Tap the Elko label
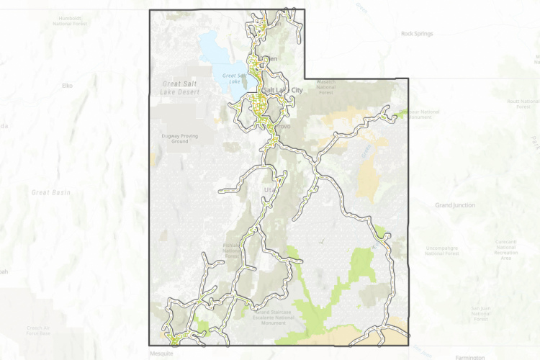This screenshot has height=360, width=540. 68,86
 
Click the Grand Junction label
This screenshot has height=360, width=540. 455,205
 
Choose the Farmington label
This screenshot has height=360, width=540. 470,356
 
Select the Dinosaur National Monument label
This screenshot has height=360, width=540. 420,114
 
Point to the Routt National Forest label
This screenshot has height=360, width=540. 523,104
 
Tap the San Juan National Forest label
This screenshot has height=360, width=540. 481,311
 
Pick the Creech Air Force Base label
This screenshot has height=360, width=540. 36,330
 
